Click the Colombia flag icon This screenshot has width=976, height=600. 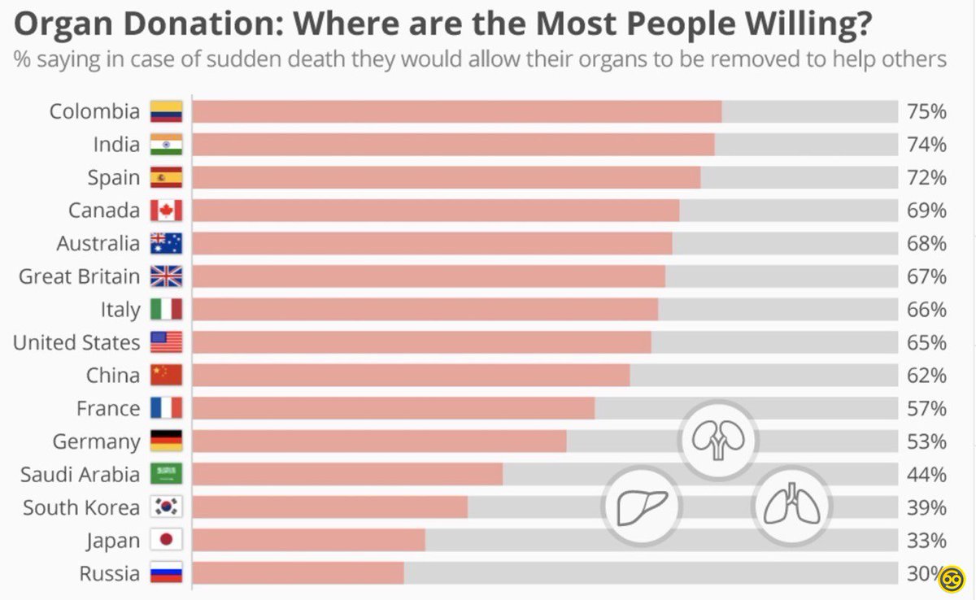click(x=166, y=111)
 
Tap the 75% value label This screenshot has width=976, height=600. click(x=926, y=111)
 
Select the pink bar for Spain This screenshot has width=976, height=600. click(x=446, y=177)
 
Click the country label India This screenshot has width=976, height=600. click(x=116, y=145)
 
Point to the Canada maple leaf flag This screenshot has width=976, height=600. click(x=166, y=211)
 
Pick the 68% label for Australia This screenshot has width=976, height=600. click(x=926, y=243)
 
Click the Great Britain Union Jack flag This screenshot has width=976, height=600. click(x=166, y=276)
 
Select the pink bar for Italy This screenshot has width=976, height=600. click(x=425, y=310)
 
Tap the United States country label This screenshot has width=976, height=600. click(x=76, y=342)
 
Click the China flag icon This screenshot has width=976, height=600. click(x=166, y=376)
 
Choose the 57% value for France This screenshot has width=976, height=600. click(x=926, y=408)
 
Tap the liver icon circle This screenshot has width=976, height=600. click(x=642, y=507)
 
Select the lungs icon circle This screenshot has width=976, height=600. click(x=791, y=507)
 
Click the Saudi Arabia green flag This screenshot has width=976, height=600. click(x=166, y=474)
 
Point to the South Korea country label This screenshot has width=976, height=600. click(x=81, y=507)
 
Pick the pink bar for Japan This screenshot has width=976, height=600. click(x=309, y=540)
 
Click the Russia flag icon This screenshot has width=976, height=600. click(x=166, y=573)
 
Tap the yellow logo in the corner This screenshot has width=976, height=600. click(x=951, y=579)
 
